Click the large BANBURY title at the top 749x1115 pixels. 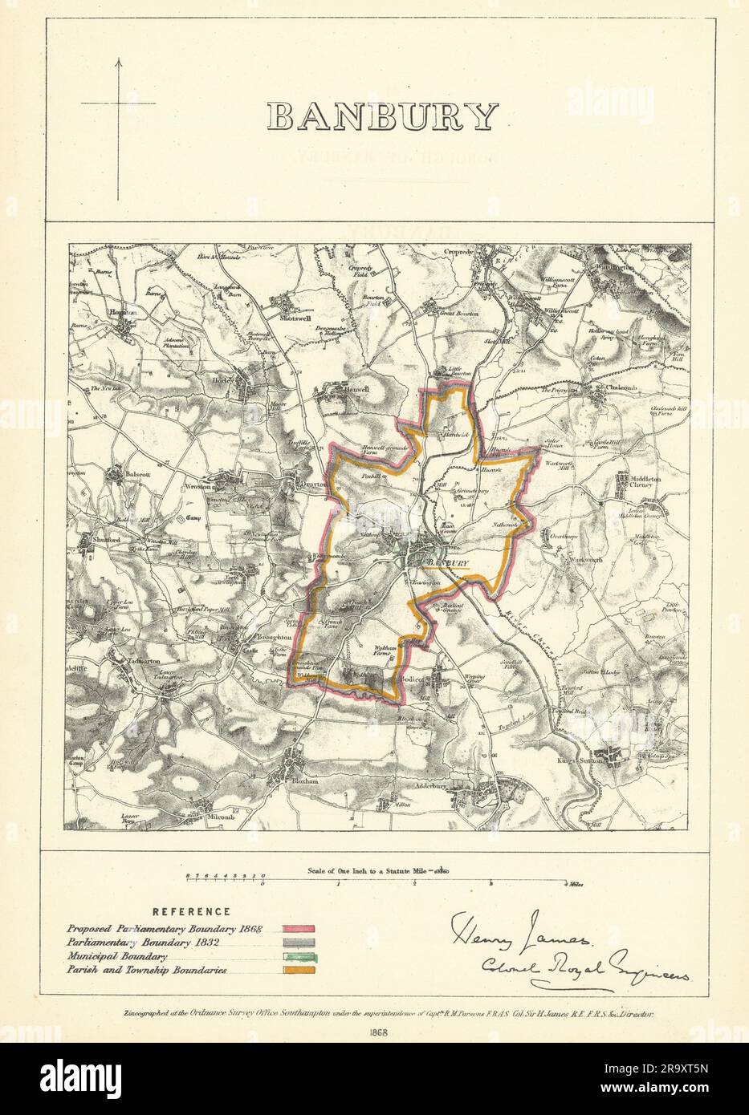pyautogui.click(x=382, y=117)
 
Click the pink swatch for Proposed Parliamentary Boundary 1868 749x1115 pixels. pyautogui.click(x=300, y=929)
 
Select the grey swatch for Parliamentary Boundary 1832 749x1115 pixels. pyautogui.click(x=300, y=943)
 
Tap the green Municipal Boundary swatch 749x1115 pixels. pyautogui.click(x=300, y=956)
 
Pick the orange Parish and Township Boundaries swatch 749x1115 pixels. pyautogui.click(x=300, y=970)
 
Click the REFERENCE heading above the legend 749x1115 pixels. pyautogui.click(x=191, y=912)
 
